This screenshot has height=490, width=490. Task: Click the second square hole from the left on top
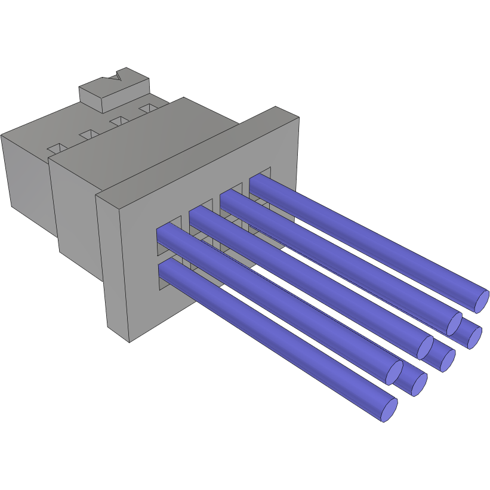tap(89, 133)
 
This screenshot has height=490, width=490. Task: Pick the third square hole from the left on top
tap(119, 121)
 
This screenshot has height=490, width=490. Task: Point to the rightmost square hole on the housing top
tap(147, 108)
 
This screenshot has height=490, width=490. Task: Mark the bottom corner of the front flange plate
tap(130, 341)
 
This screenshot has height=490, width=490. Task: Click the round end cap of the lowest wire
tap(390, 410)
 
